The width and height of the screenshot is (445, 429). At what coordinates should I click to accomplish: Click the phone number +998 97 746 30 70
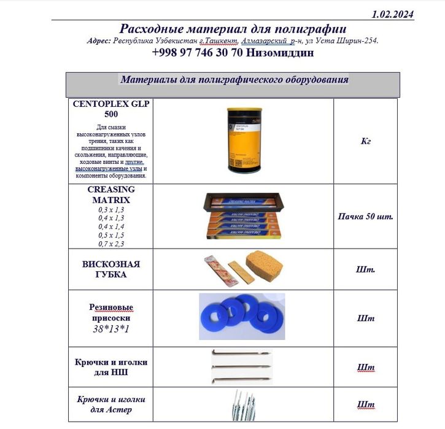pos(198,53)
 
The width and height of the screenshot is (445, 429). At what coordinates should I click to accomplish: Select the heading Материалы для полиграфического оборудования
pos(234,80)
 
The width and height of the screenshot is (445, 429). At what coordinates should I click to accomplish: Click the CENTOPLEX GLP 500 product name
pos(110,109)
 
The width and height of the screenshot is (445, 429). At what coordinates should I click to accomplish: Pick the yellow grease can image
pos(243,140)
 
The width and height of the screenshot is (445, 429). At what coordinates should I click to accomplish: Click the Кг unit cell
pos(366,141)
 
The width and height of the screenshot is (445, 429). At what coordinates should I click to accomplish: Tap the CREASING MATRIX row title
pos(110,195)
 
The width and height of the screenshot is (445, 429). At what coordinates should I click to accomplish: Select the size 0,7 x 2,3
pos(111,244)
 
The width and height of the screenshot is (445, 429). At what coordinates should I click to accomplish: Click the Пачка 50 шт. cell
pos(366,217)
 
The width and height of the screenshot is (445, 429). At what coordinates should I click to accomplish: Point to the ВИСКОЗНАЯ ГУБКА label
pos(111,269)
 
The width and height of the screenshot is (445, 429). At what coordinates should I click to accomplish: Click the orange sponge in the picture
pos(265,264)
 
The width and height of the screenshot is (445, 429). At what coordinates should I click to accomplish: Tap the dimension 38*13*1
pos(111,329)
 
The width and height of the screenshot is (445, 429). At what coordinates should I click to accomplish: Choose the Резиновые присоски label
pos(111,313)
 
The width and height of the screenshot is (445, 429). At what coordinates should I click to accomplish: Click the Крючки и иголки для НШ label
pos(111,367)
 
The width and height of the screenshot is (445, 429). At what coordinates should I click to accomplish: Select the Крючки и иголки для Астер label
pos(111,404)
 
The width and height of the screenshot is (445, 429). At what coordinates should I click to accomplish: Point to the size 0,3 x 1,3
pos(111,209)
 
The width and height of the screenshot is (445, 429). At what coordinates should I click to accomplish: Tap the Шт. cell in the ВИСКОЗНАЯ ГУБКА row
pos(366,269)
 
